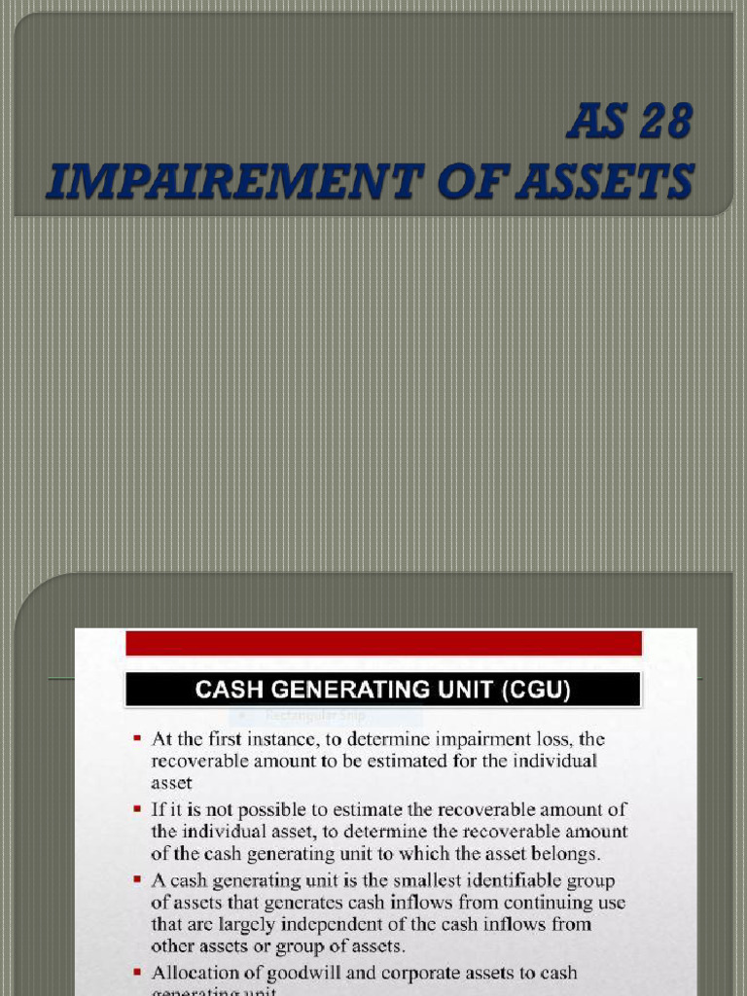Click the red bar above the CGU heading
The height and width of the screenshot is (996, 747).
(x=383, y=643)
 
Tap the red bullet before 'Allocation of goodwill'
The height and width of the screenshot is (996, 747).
(x=138, y=973)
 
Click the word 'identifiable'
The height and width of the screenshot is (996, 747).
(x=500, y=881)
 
